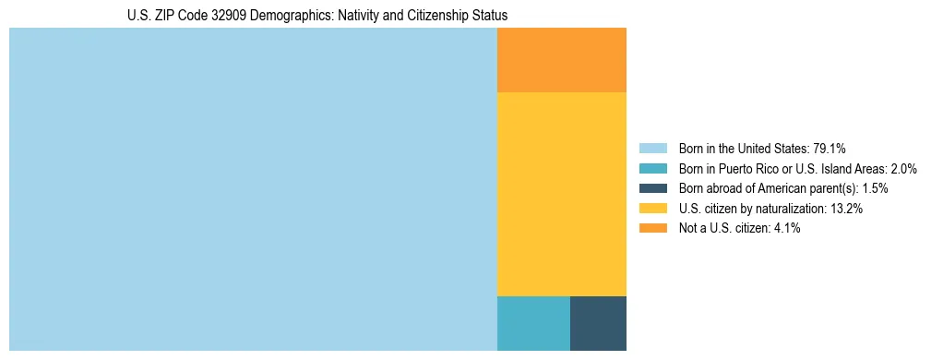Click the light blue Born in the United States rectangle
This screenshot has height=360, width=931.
[x=253, y=189]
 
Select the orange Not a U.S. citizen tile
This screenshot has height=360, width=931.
[x=561, y=60]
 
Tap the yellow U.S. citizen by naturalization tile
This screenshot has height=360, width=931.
[x=561, y=194]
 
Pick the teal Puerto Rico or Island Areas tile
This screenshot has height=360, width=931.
[x=533, y=323]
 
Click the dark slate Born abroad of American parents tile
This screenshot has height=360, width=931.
[x=598, y=323]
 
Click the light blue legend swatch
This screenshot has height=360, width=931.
[x=652, y=149]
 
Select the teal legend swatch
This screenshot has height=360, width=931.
[x=652, y=169]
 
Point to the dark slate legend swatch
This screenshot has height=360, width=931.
[x=652, y=188]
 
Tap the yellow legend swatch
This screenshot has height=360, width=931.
[x=652, y=209]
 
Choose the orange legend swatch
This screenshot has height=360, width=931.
[x=652, y=229]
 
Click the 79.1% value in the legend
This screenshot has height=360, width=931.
[x=829, y=149]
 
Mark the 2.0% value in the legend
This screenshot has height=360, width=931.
[x=902, y=169]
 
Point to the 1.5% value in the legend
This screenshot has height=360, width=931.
[x=874, y=188]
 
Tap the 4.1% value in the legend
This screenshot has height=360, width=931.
[x=785, y=229]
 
